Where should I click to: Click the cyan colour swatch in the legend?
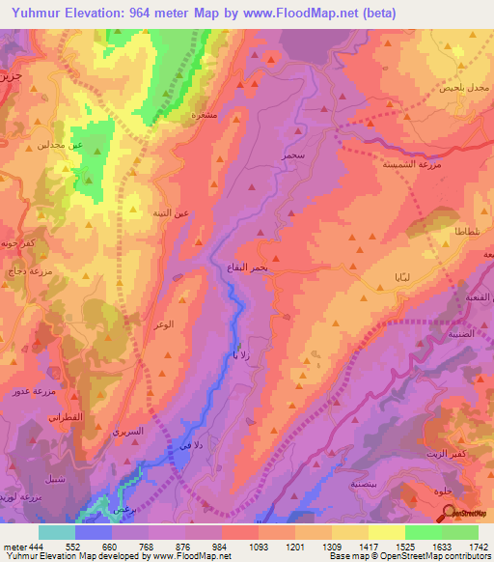tap(56, 531)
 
